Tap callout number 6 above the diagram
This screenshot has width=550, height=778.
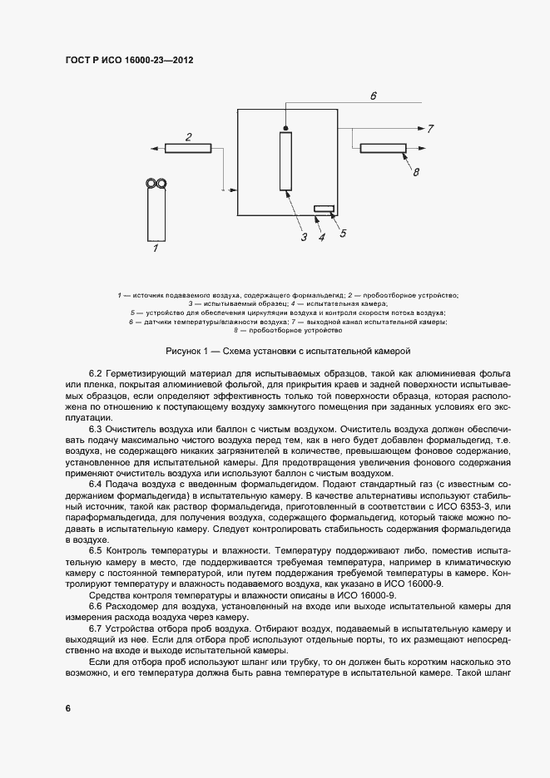click(374, 97)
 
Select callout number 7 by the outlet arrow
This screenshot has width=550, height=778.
click(430, 130)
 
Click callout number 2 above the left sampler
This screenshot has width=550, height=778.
click(189, 136)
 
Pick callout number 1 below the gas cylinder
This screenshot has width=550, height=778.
click(155, 247)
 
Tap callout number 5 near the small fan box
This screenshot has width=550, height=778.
click(342, 234)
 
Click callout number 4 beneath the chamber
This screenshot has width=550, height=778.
click(320, 237)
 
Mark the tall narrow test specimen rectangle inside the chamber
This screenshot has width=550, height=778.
click(285, 161)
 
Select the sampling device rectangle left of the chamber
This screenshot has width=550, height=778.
click(189, 148)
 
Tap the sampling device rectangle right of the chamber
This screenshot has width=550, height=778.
click(384, 148)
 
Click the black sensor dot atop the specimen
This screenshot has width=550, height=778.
click(285, 129)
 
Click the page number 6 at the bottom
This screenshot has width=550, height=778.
click(67, 707)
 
